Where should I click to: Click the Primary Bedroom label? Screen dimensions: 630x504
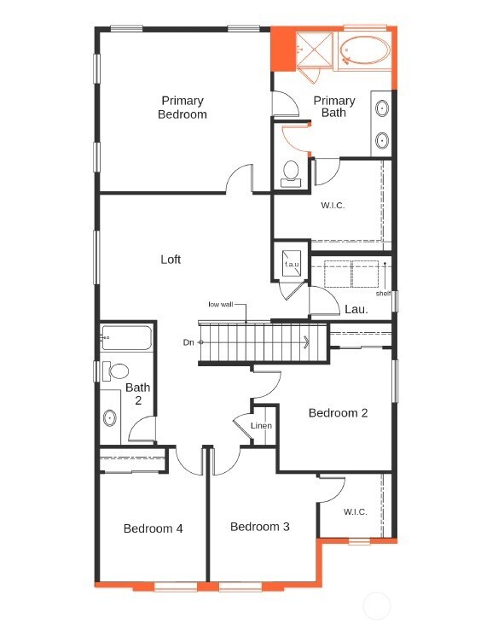click(x=182, y=108)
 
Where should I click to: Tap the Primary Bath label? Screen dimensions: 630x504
click(x=333, y=107)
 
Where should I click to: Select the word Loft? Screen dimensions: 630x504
click(x=171, y=260)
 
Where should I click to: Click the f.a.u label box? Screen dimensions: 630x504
click(x=292, y=265)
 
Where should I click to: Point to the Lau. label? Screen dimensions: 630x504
click(x=356, y=310)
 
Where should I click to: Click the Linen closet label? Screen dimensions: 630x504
click(x=261, y=426)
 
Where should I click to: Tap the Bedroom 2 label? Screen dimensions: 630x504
click(x=338, y=413)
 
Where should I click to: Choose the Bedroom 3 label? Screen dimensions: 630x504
click(x=259, y=527)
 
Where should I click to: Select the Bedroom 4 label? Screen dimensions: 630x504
click(x=153, y=528)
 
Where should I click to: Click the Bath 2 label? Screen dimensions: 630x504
click(x=138, y=394)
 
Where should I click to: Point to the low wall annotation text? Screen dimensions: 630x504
click(x=220, y=304)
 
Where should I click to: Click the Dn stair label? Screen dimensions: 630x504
click(x=188, y=342)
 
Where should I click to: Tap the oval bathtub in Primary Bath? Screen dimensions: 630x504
click(x=364, y=52)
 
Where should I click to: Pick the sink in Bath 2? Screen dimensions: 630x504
click(x=110, y=418)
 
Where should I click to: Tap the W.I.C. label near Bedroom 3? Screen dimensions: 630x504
click(x=356, y=512)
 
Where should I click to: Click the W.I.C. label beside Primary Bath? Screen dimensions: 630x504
click(x=333, y=206)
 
